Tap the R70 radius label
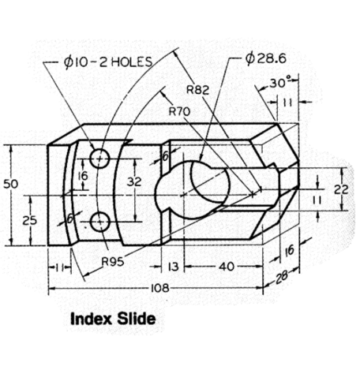(179, 110)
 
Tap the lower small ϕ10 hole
(99, 223)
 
